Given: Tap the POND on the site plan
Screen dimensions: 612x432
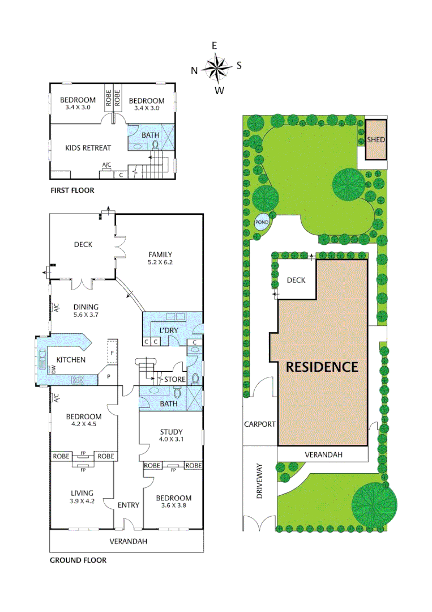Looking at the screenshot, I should point(262,222).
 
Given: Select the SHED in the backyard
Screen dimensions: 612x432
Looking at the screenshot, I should point(375,139).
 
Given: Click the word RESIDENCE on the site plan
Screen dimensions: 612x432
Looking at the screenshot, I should point(322,367).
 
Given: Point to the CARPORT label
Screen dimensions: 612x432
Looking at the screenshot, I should point(259,424).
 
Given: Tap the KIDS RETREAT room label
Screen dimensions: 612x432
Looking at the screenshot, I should point(88,148).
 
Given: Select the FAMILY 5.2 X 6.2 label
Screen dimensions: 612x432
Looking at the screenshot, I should point(160,258).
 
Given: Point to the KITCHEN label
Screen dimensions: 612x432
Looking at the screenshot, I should point(71,360).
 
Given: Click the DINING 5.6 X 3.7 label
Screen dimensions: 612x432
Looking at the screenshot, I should point(86,311).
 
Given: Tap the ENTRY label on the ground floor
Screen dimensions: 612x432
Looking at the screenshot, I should point(129,505).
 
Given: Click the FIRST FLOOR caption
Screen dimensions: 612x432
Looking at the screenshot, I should point(72,190).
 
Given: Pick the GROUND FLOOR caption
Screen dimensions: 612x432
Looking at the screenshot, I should point(78,560).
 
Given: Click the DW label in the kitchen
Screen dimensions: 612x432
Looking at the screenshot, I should point(54,369).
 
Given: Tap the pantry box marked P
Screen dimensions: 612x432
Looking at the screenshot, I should point(108,376).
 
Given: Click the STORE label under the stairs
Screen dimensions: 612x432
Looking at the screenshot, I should point(174,379).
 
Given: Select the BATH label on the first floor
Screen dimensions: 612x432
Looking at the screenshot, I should point(151,135).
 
